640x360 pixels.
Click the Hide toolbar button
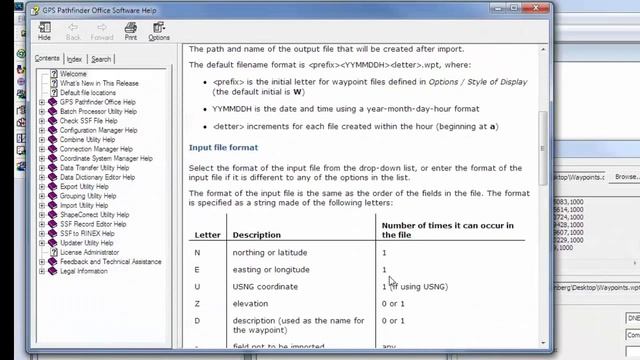(44, 30)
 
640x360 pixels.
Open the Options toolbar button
(159, 30)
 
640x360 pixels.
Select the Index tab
(75, 59)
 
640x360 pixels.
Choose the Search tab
(101, 59)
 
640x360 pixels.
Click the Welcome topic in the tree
(73, 74)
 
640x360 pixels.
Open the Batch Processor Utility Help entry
(98, 111)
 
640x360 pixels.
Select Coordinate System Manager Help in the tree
(106, 158)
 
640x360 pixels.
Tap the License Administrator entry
(89, 252)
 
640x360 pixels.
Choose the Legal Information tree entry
(83, 271)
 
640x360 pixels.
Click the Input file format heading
(223, 148)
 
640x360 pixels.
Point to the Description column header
(257, 235)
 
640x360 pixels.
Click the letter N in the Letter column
(196, 253)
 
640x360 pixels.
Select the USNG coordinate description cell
(265, 287)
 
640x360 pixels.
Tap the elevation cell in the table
(250, 304)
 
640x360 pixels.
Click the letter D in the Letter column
(196, 321)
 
